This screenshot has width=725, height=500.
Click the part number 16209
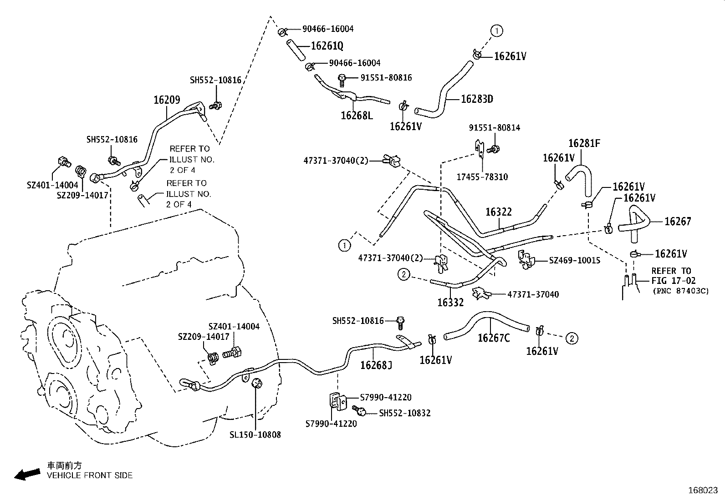[x=167, y=100]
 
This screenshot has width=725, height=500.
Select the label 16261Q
[x=327, y=46]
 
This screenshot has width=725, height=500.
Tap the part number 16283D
[x=477, y=99]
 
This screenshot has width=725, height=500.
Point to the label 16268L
[x=357, y=116]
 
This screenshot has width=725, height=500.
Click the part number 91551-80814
[x=495, y=128]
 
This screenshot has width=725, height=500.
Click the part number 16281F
[x=584, y=144]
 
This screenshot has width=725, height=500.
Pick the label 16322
[x=498, y=212]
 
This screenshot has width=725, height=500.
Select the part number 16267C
[x=494, y=338]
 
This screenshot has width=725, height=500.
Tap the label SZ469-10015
[x=574, y=261]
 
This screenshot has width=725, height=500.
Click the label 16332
[x=450, y=303]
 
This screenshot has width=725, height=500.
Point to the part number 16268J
[x=376, y=365]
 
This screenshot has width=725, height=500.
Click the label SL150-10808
[x=255, y=434]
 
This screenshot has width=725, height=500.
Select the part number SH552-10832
[x=405, y=413]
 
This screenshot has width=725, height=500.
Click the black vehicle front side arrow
[x=26, y=475]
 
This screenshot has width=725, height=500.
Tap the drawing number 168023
[x=703, y=490]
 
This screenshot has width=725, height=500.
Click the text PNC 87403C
[x=680, y=291]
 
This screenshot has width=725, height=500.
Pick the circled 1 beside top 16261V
[x=496, y=30]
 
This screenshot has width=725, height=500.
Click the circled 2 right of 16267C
[x=572, y=338]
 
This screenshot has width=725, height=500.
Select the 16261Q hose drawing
[x=295, y=49]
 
